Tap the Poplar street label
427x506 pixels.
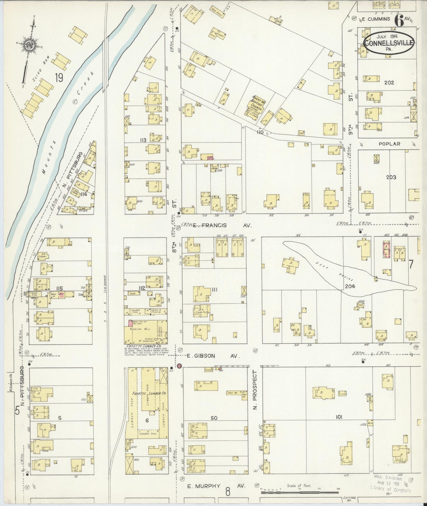coord(389,144)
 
